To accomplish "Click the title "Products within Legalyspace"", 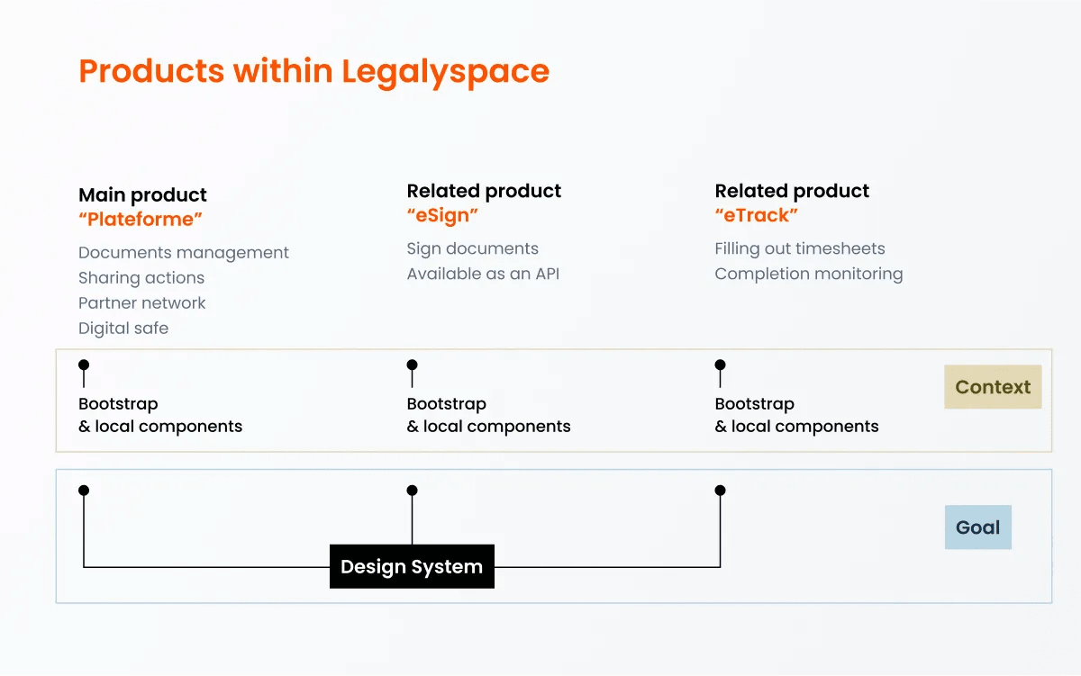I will point(313,71).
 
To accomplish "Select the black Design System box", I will point(412,566).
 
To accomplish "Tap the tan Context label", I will point(993,387).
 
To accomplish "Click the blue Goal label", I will point(977,527).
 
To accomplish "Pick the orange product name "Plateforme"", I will point(141,220).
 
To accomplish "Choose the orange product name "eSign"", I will point(442,215).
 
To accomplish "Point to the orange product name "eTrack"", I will point(757,215).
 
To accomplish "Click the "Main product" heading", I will point(142,195).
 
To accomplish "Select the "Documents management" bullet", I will point(184,253).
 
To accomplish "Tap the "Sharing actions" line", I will point(141,278).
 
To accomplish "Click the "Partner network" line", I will point(142,303).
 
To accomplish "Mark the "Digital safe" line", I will point(123,329).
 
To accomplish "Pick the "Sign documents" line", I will point(472,249).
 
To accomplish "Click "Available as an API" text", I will point(483,275).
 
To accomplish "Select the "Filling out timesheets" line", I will point(800,249).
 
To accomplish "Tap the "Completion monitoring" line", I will point(808,275).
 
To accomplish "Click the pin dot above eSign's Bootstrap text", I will point(412,365).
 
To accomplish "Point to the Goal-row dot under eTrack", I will point(720,491).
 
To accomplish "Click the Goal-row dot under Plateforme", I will point(84,491).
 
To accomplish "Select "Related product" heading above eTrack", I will point(792,191).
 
